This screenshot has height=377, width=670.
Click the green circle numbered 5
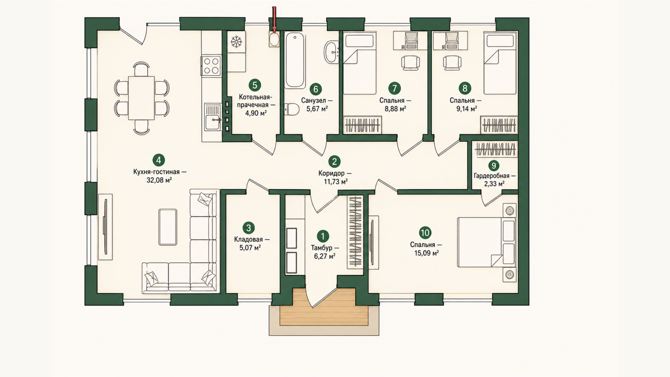tap(254, 85)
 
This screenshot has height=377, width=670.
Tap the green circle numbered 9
tap(494, 166)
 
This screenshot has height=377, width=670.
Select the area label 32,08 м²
tap(159, 180)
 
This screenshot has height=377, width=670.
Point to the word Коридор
tap(331, 173)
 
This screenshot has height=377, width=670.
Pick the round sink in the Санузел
tap(332, 52)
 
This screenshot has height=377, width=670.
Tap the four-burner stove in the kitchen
tap(211, 66)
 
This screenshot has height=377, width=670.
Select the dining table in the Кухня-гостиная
tap(142, 98)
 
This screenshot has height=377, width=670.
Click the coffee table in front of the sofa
tap(168, 227)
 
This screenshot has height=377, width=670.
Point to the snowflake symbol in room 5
tap(236, 42)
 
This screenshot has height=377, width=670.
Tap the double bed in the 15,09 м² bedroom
tap(487, 242)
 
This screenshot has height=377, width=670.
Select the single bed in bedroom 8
tap(500, 63)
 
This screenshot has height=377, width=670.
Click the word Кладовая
tap(248, 239)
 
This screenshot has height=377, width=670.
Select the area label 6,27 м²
tap(325, 256)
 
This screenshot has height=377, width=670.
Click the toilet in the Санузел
tap(291, 109)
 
